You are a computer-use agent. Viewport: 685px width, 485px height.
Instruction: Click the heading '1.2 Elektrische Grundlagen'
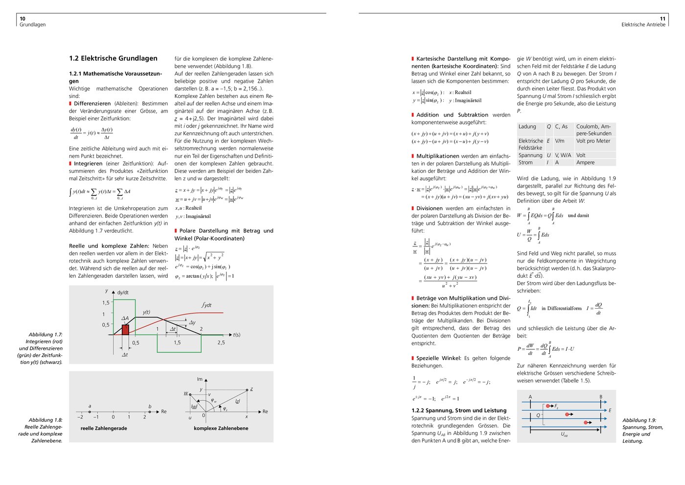tap(113, 58)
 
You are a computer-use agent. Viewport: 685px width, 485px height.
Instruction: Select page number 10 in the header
tap(23, 19)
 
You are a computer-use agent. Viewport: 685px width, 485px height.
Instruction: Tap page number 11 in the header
tap(662, 19)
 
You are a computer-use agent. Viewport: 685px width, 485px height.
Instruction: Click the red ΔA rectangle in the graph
tap(125, 329)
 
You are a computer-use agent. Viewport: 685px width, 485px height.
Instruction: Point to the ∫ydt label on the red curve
tap(207, 305)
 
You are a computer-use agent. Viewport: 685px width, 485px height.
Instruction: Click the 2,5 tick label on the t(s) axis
tap(221, 342)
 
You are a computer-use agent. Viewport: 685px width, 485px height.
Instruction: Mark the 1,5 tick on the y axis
tap(106, 303)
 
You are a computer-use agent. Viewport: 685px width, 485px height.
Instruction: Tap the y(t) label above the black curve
tap(146, 312)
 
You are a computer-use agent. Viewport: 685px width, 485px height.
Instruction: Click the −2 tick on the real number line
tap(80, 417)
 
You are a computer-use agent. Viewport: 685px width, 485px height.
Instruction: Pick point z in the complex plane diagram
tap(247, 390)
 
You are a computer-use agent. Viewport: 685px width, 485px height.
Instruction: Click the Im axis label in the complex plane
tap(200, 379)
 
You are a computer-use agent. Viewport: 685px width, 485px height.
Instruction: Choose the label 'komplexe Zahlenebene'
tap(221, 428)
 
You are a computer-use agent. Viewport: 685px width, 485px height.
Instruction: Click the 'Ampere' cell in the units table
tap(585, 163)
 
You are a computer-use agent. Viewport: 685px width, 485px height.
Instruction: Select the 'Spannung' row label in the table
tap(530, 155)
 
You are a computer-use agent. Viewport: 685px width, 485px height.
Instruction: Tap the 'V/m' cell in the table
tap(560, 141)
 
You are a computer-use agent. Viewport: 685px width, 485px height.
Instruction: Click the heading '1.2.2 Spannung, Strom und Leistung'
tap(459, 411)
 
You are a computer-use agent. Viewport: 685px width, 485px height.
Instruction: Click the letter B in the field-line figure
tap(601, 397)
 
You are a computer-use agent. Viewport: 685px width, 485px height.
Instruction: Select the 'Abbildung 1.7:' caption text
tap(46, 335)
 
